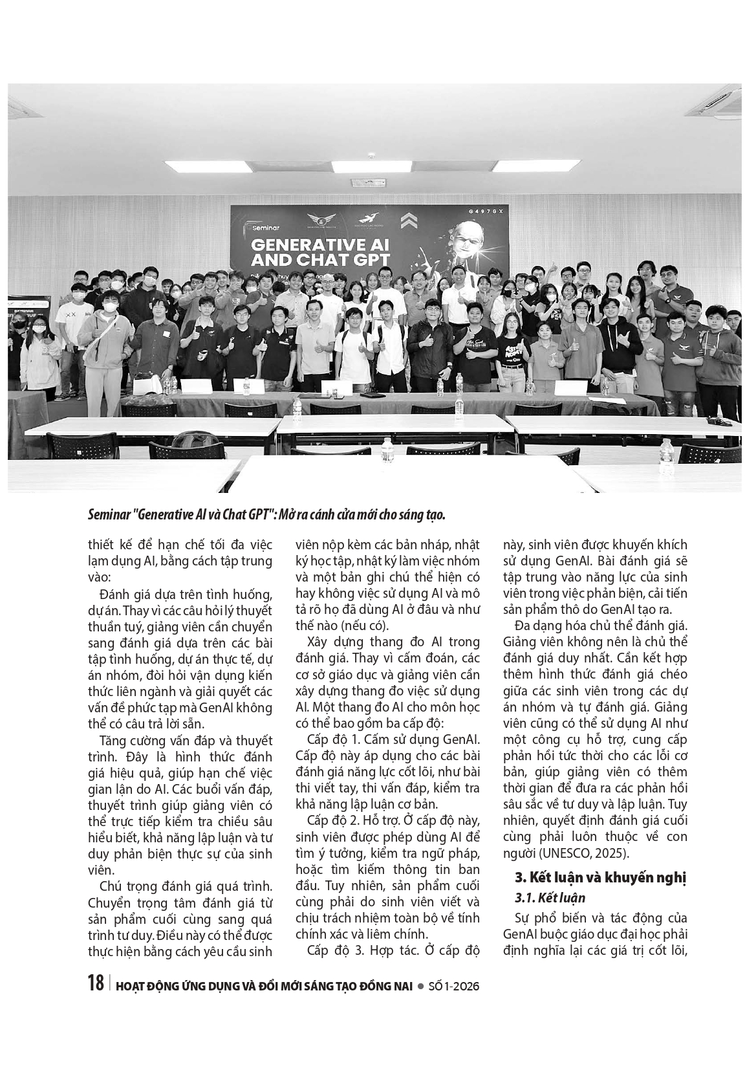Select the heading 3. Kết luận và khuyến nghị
[599, 878]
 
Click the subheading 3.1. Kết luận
[550, 898]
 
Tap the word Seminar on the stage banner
[262, 228]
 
